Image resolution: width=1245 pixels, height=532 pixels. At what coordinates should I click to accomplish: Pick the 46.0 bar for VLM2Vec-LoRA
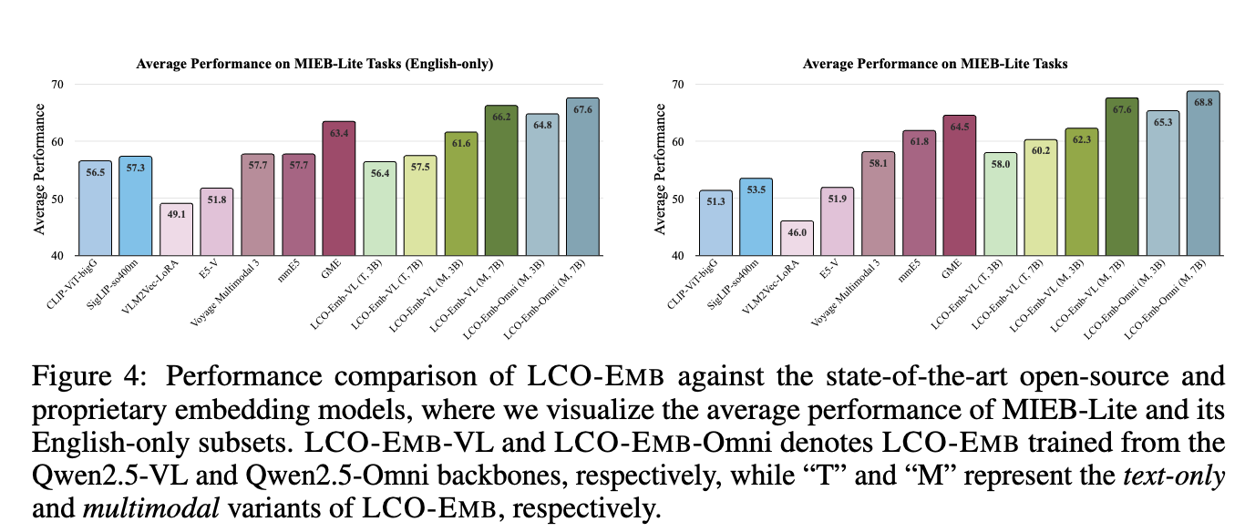click(x=797, y=239)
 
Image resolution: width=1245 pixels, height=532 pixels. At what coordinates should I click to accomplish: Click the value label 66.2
click(x=500, y=117)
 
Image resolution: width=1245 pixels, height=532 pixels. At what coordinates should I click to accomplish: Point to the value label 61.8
click(x=919, y=141)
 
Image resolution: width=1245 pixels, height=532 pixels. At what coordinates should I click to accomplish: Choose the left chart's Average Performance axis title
click(x=40, y=169)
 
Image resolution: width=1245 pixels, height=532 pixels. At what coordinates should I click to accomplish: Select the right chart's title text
click(x=936, y=64)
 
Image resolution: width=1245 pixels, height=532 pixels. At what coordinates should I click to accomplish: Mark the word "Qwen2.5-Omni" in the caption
click(x=277, y=476)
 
